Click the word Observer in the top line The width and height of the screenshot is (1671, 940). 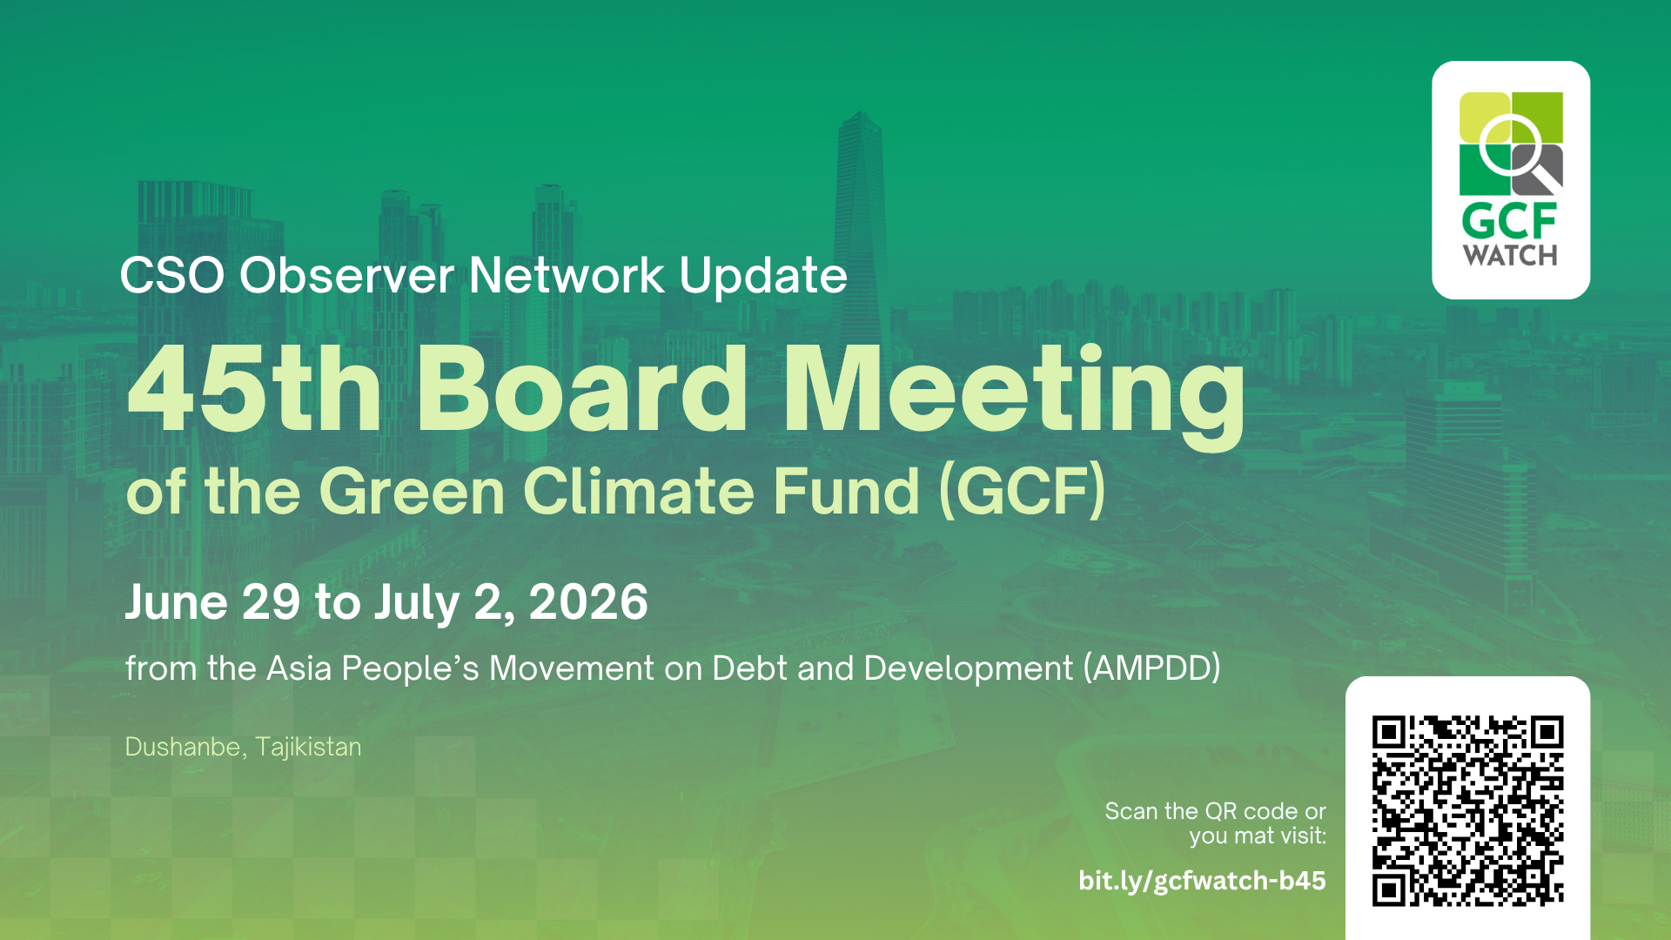coord(346,275)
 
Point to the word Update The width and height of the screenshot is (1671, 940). coord(763,277)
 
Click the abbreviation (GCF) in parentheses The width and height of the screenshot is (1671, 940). coord(1023,491)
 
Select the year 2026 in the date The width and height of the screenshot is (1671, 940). coord(588,601)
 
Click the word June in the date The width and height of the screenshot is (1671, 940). coord(177,601)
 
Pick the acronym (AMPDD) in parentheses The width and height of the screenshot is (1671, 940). coord(1151,668)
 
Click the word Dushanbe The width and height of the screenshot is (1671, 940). coord(183,747)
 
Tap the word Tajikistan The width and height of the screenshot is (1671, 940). coord(308,748)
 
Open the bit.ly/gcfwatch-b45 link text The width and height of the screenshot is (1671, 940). coord(1202,881)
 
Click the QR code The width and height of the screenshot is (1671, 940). coord(1468,811)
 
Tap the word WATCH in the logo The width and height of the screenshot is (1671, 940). coord(1510,256)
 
